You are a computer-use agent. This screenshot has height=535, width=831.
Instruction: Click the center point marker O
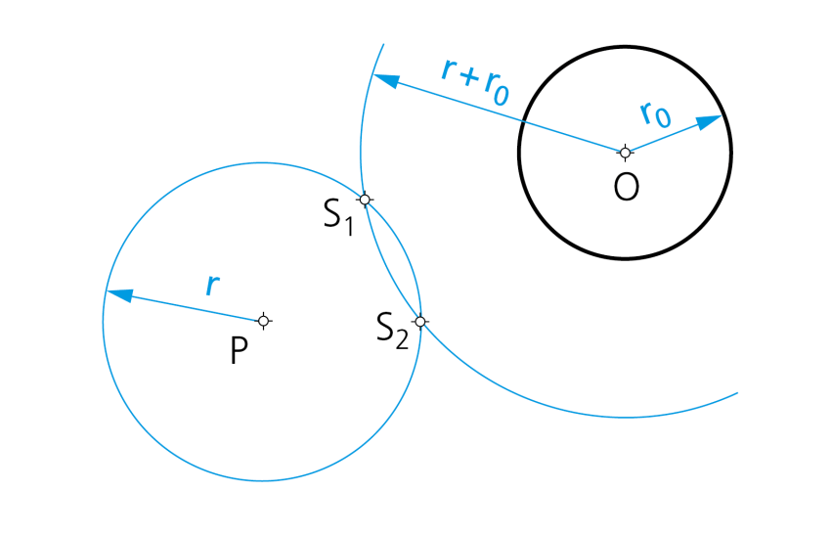625,153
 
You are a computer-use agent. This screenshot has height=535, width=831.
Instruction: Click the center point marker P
263,321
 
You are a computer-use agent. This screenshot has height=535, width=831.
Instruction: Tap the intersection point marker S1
365,200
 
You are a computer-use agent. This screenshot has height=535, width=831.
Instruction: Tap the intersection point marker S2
420,322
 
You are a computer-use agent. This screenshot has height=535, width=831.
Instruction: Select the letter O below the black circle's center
626,187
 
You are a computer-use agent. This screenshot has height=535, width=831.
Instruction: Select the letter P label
239,350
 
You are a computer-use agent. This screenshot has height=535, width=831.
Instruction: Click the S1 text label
338,216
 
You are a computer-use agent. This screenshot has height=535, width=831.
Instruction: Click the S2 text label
392,330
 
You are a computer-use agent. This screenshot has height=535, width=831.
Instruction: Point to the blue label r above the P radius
212,285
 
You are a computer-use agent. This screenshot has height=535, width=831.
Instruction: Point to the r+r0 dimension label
475,81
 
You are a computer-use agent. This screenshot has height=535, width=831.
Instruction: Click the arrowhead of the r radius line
119,294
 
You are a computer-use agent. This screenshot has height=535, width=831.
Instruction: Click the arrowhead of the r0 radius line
709,121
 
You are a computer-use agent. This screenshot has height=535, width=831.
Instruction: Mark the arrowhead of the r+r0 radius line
386,80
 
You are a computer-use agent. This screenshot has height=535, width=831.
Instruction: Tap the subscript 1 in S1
348,226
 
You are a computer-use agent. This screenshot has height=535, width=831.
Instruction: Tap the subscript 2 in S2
402,339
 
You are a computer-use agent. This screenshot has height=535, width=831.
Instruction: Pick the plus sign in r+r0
470,78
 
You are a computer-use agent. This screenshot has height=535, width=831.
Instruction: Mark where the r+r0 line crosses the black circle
523,121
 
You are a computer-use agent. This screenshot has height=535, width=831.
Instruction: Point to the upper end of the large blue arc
383,44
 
